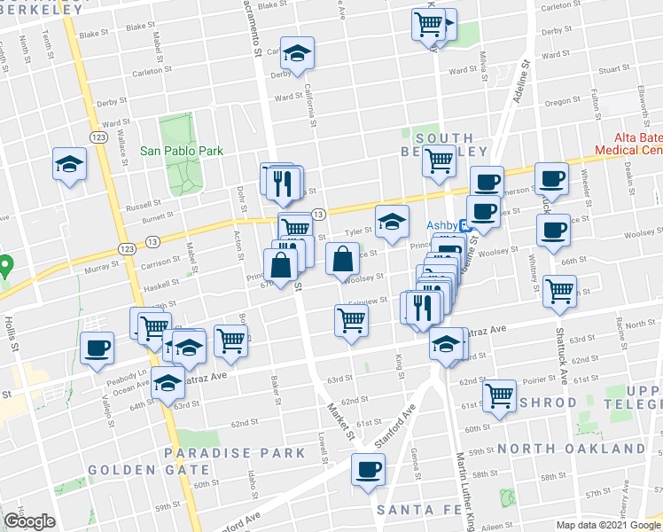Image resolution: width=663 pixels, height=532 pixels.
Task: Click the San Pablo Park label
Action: [182, 151]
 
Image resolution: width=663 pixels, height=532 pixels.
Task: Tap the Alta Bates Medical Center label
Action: [639, 144]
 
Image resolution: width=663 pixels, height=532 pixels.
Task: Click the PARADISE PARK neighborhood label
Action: [235, 453]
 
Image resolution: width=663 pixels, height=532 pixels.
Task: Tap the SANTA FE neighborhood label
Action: [416, 510]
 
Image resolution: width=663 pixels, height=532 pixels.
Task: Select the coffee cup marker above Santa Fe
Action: [368, 469]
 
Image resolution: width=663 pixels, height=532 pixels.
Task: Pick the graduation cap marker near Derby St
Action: [298, 53]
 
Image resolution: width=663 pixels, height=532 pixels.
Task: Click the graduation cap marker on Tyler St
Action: [391, 222]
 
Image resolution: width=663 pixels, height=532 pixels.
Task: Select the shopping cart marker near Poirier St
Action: [499, 395]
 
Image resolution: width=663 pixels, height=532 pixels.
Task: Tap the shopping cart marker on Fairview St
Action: [351, 320]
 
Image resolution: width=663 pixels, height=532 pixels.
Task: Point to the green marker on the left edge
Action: [4, 264]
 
